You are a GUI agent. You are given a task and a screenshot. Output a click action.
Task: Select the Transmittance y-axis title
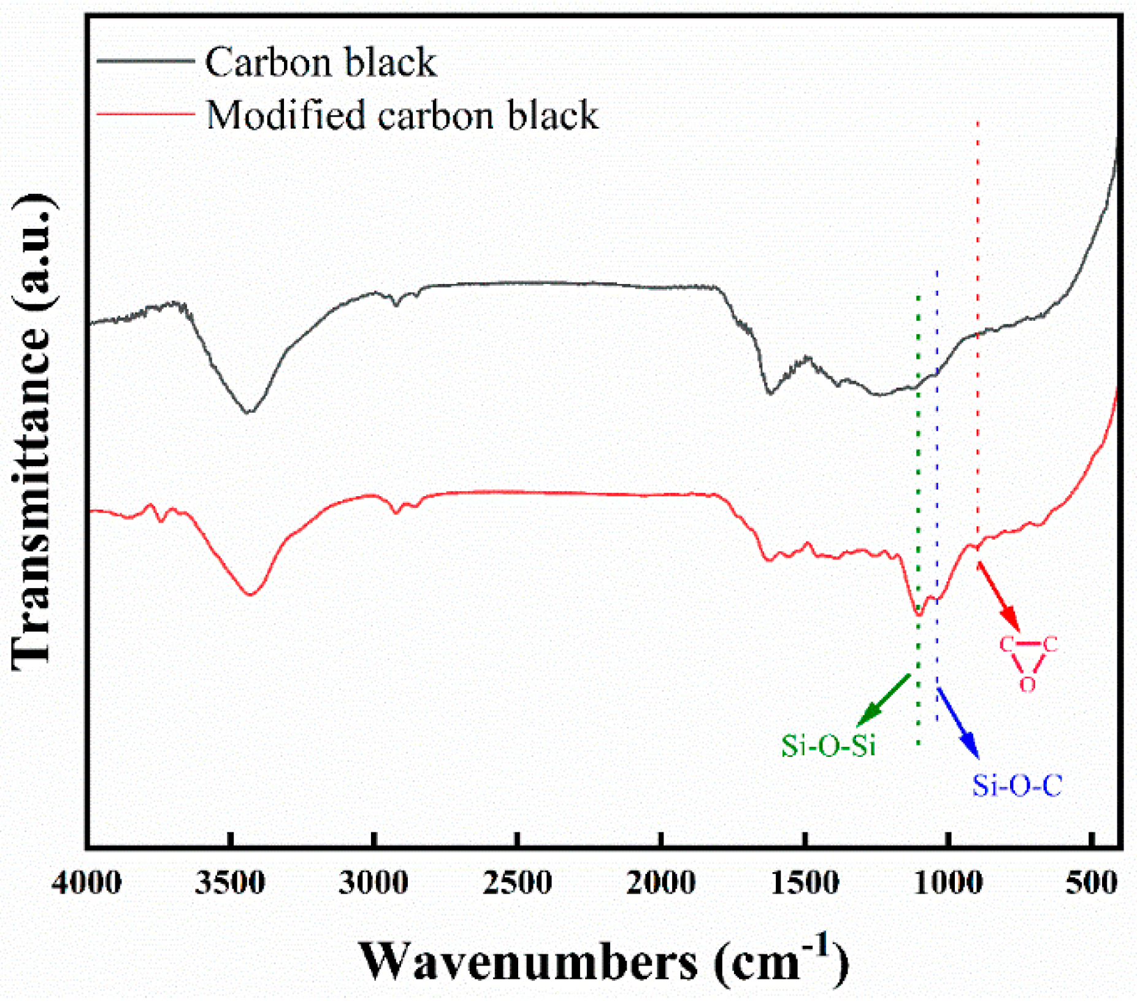(x=34, y=432)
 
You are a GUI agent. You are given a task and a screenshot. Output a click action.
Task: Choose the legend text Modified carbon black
(x=402, y=115)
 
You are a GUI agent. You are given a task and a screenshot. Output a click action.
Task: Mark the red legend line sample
(x=145, y=113)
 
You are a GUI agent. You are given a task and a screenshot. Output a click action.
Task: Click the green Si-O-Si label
(x=828, y=746)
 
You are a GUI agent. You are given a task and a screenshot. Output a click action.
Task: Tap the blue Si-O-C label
(x=1017, y=786)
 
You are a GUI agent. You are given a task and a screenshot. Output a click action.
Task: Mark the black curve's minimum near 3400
(x=248, y=412)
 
